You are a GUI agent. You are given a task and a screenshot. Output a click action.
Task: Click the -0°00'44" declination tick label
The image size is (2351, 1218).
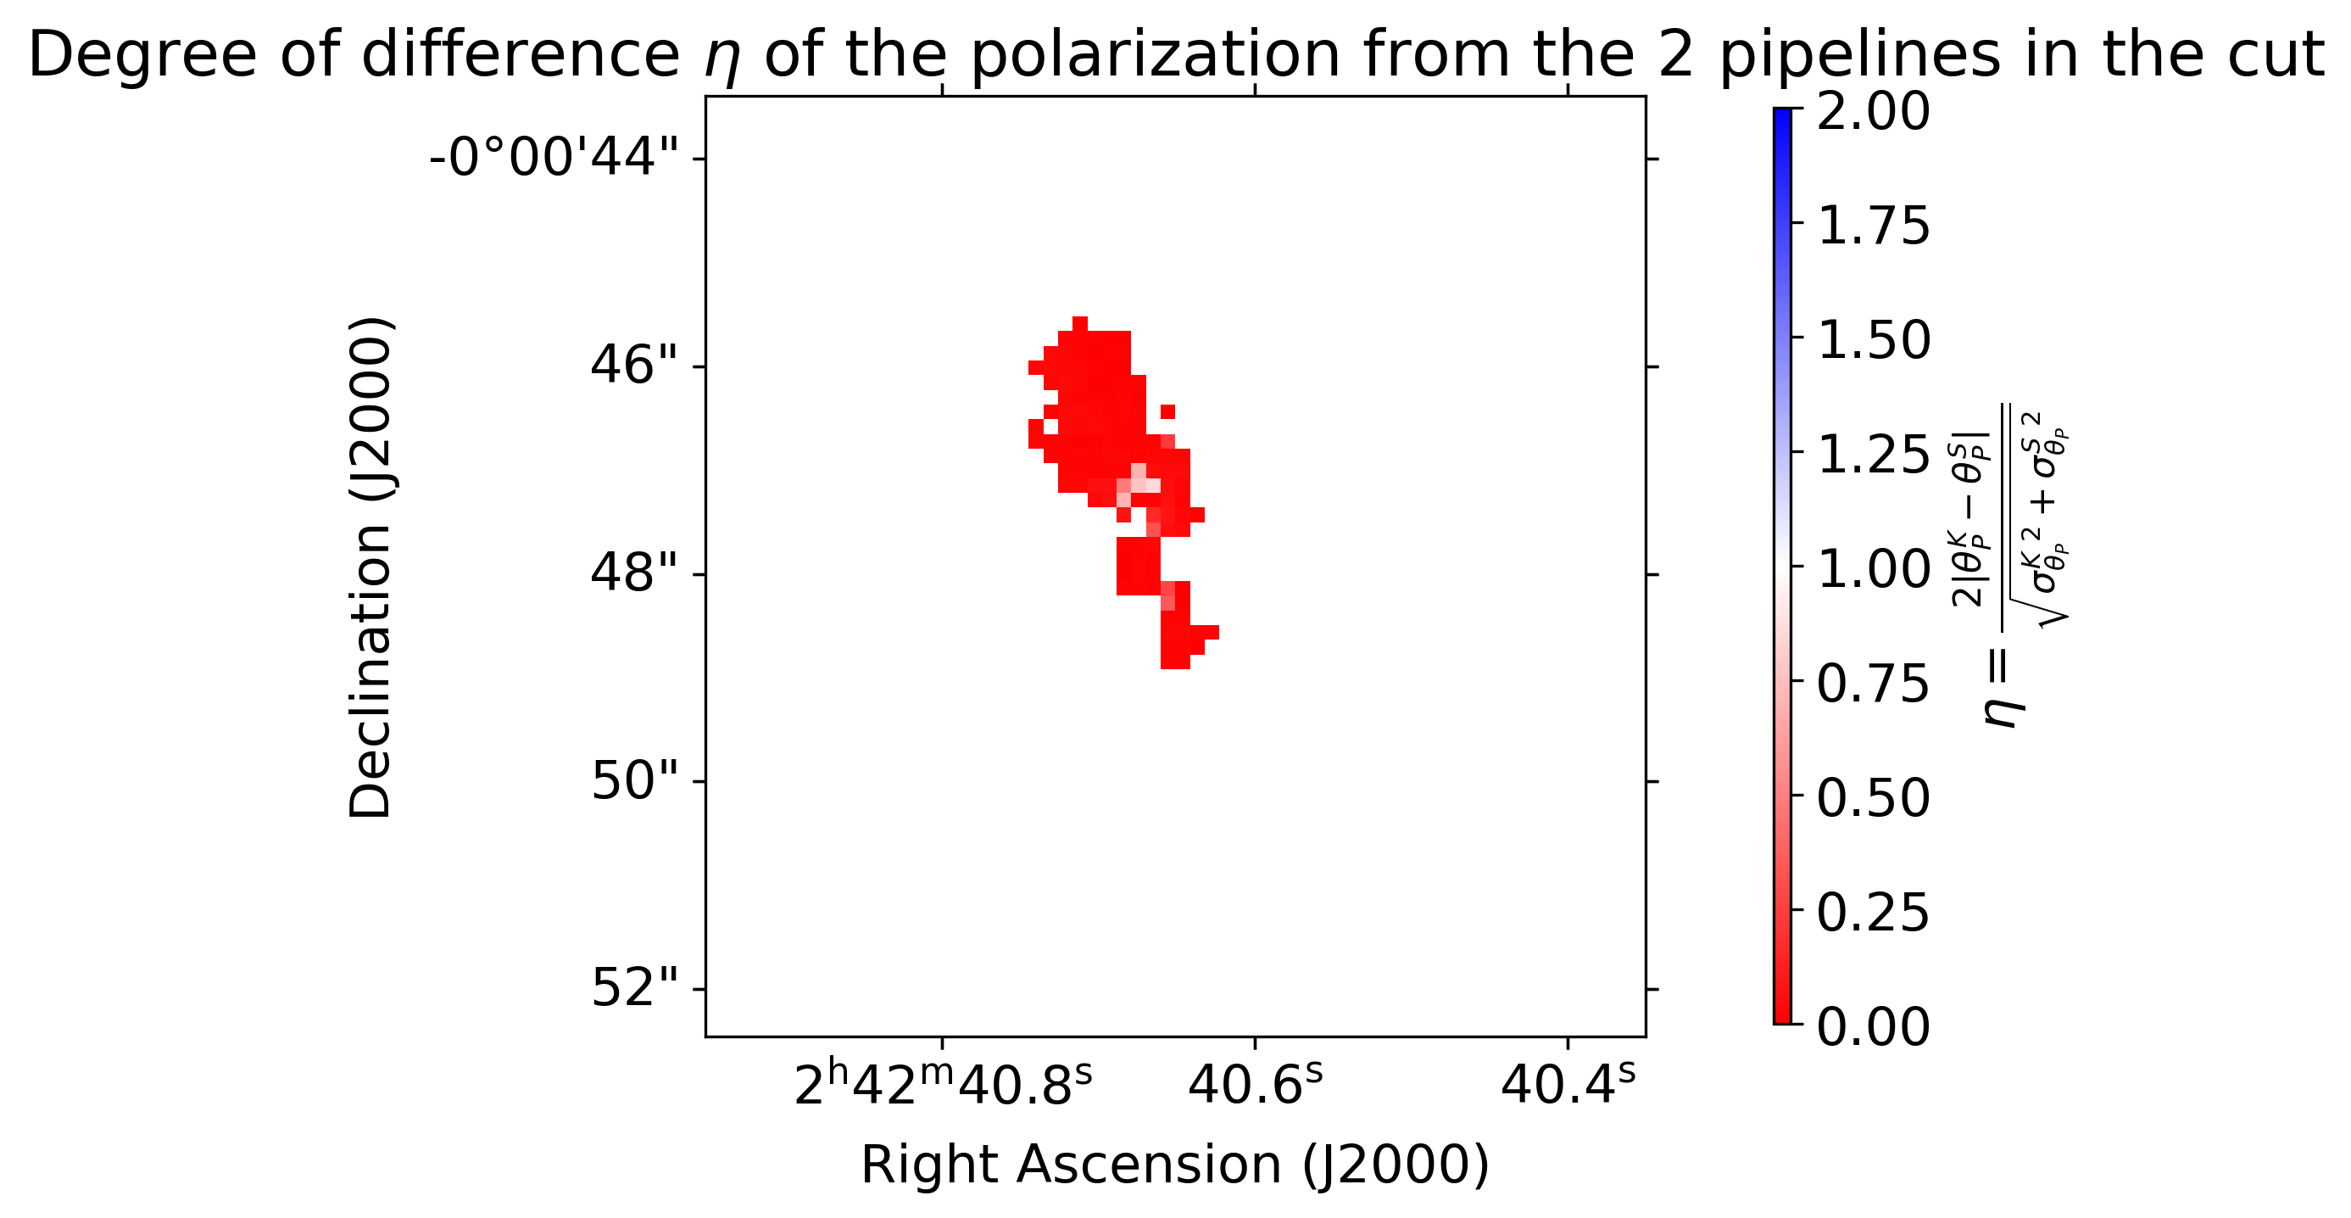coord(554,157)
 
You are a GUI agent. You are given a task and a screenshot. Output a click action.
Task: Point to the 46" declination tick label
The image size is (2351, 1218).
coord(634,366)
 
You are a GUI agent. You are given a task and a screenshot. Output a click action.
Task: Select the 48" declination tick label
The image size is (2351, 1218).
coord(634,573)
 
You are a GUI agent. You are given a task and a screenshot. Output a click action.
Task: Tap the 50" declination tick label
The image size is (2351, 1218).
coord(634,781)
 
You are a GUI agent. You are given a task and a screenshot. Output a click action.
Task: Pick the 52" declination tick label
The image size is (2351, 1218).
coord(634,989)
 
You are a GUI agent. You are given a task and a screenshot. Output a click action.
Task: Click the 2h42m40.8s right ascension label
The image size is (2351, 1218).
coord(942,1086)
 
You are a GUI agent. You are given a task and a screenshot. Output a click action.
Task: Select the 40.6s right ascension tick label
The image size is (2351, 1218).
coord(1255,1086)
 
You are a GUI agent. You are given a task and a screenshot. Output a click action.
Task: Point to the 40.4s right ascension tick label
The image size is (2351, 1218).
coord(1568,1086)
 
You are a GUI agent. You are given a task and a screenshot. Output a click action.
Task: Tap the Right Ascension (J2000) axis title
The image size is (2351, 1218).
coord(1174,1166)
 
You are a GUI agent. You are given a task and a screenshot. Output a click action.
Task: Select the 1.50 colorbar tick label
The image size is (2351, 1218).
coord(1873,339)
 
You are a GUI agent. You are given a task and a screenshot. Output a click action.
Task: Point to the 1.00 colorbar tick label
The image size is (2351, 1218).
coord(1873,570)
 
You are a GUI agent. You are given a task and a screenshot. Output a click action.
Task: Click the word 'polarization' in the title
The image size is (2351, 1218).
coord(1155,55)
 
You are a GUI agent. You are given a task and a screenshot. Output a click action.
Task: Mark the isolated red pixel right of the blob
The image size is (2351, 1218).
coord(1167,411)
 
